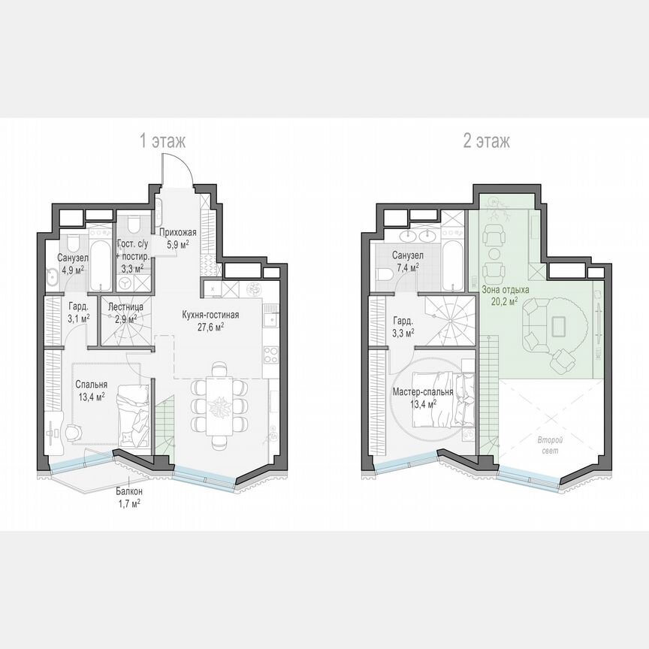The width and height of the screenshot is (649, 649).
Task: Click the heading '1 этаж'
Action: [x=162, y=140]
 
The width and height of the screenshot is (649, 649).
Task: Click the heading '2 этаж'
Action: [x=487, y=140]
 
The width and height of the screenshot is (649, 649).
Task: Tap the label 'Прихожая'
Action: [x=178, y=233]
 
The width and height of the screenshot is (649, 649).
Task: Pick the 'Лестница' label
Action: [x=122, y=306]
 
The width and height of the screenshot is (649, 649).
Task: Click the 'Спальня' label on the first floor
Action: [x=90, y=384]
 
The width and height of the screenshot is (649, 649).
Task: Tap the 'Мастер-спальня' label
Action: [x=422, y=392]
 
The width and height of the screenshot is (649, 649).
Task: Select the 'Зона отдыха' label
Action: [x=500, y=289]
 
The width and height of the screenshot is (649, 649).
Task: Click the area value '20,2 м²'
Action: [x=504, y=301]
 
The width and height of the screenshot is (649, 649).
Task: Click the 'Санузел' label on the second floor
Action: [x=408, y=255]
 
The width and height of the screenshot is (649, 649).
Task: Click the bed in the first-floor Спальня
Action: [x=134, y=413]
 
